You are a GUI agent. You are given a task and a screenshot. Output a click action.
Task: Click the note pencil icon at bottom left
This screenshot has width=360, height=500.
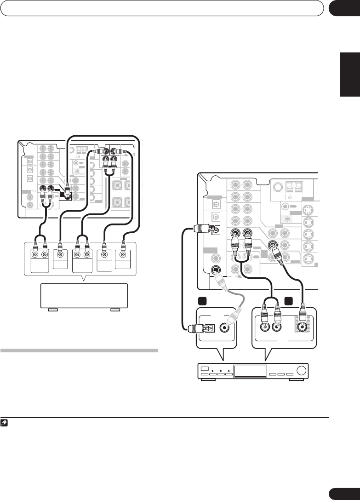point(4,423)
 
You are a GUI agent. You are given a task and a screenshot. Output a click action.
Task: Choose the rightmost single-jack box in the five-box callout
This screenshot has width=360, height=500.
point(123,257)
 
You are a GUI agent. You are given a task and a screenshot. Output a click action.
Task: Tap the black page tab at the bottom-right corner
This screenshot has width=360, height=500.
point(344,492)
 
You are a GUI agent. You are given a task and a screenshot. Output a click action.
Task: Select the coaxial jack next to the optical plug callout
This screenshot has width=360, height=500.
point(226,328)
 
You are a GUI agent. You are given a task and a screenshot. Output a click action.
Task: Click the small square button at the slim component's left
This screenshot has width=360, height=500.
point(205,368)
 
